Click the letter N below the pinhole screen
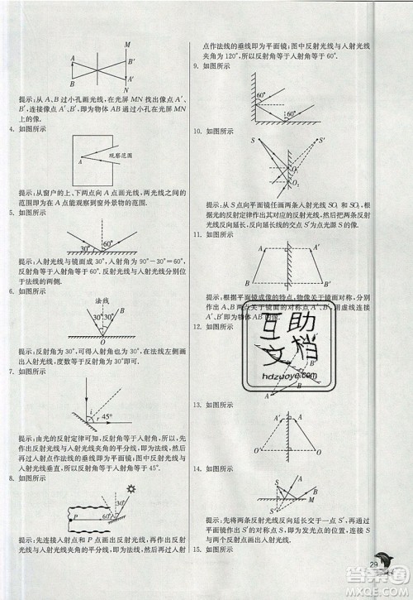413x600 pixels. point(127,89)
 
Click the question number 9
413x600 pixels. point(195,65)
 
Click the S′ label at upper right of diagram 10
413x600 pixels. point(321,140)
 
